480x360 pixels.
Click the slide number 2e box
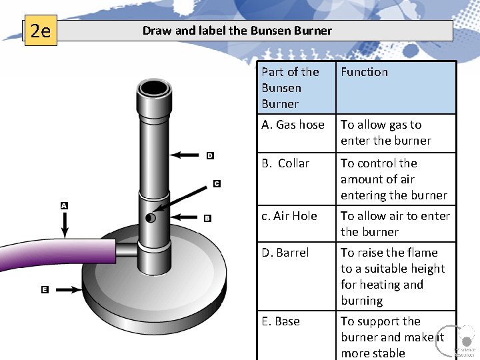[41, 31]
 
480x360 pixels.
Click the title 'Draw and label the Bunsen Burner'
[237, 30]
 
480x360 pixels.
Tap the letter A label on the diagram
[64, 206]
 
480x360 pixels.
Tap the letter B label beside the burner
[207, 218]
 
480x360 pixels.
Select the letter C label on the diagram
[217, 183]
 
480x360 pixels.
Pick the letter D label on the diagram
[209, 155]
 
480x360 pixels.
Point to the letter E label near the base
[44, 289]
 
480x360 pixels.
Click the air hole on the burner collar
[151, 218]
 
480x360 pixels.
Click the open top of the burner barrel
[157, 88]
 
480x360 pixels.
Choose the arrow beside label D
[187, 155]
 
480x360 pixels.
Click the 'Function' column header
[364, 72]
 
